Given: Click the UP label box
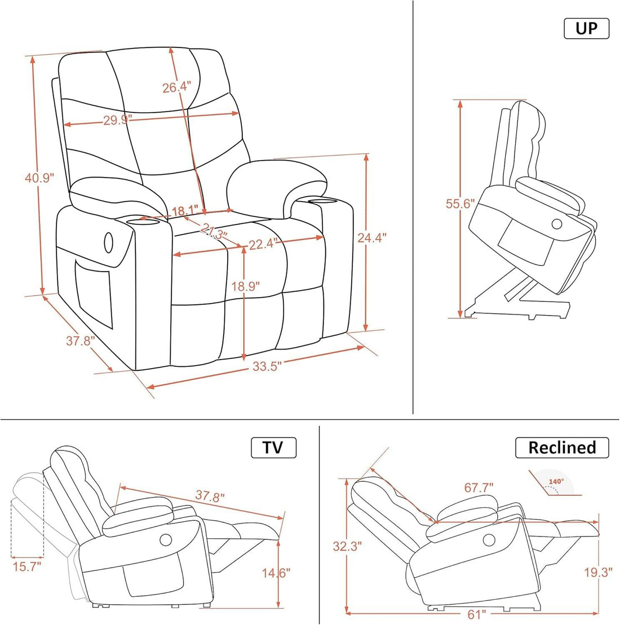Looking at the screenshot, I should coord(586,28).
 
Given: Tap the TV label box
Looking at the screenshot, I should coord(273,447).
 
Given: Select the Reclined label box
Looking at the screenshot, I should coord(562,447).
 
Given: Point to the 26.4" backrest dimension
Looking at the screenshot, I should coord(176,87).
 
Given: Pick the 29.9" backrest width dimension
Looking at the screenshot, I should coord(117,119).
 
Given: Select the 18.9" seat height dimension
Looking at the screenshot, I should coord(245,286).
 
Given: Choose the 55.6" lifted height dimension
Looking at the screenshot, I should coord(460,204).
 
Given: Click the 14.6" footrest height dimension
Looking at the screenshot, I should coord(276,573).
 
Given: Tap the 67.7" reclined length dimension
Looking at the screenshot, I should coord(479,487).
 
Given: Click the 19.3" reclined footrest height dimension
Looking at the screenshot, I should coord(598,573).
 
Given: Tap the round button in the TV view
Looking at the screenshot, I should coord(166,540).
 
